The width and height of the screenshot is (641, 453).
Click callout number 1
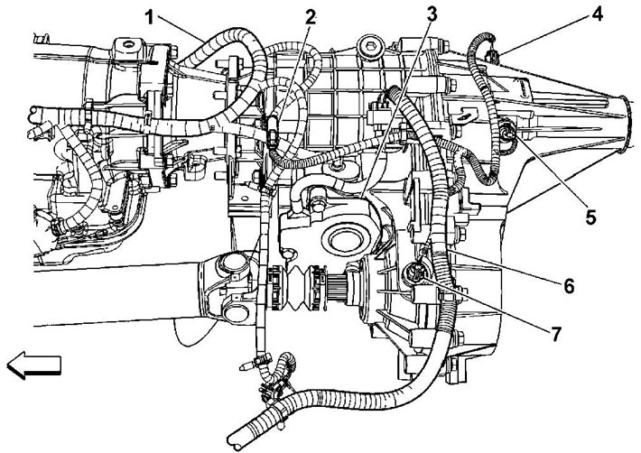[151, 17]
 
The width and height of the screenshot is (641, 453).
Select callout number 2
[311, 17]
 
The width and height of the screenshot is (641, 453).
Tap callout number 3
[432, 14]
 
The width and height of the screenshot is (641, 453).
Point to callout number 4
[597, 14]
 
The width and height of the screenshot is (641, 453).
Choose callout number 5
[590, 217]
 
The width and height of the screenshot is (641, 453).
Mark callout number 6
[569, 286]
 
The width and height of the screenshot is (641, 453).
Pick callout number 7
[555, 334]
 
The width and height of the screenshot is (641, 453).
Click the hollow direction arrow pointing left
[34, 365]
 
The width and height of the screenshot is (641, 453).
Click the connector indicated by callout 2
[273, 131]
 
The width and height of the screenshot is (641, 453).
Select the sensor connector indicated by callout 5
[508, 134]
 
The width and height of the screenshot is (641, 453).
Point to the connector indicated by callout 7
[417, 273]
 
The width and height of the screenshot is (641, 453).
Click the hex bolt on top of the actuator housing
[318, 204]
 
